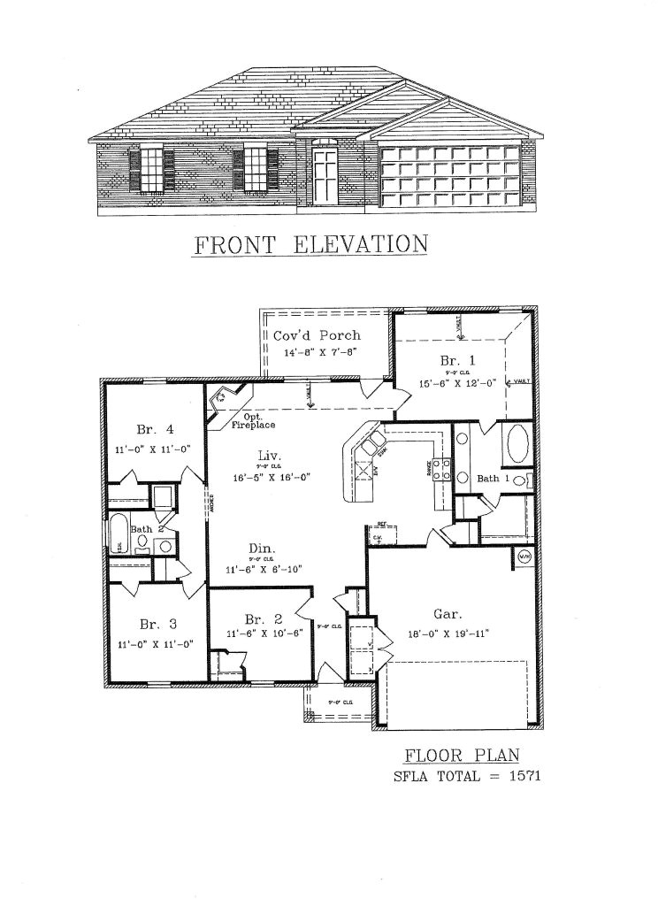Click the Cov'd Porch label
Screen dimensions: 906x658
[x=316, y=335]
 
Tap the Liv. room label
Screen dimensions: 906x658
[x=269, y=455]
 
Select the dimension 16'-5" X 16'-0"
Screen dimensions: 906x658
[x=272, y=476]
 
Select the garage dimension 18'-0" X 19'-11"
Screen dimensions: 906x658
[x=447, y=633]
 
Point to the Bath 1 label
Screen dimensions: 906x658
[x=493, y=479]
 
